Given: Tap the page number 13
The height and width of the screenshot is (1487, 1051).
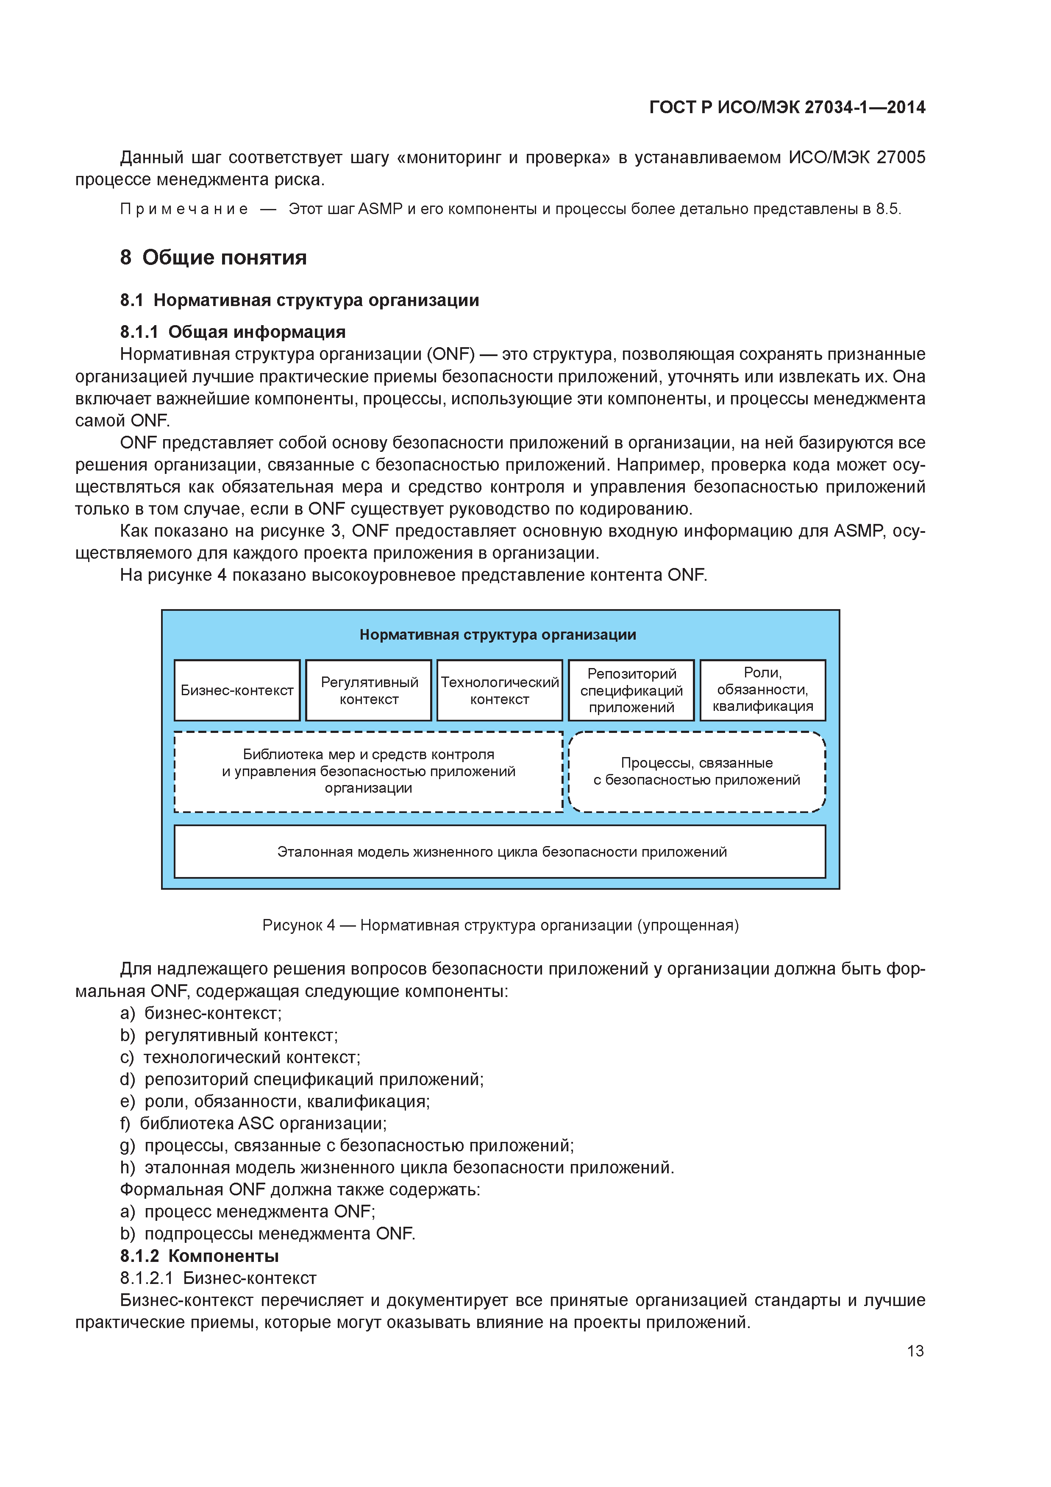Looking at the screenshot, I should (x=915, y=1351).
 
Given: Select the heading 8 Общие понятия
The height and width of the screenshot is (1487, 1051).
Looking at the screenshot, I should (x=213, y=258).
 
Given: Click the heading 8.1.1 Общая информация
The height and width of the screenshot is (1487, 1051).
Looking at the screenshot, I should (x=233, y=332).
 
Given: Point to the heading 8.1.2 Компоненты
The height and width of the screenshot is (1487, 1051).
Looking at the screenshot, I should (x=200, y=1256).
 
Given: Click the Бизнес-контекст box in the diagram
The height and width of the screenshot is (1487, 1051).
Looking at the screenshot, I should (x=237, y=691).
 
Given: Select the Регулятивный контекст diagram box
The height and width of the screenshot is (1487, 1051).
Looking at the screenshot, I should (x=368, y=691).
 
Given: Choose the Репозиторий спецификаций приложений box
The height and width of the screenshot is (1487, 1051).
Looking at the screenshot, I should (x=631, y=691).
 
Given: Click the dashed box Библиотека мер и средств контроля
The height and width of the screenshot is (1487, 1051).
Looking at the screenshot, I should (x=368, y=771).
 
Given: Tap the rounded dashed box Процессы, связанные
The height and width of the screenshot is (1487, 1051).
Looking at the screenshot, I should (x=697, y=771).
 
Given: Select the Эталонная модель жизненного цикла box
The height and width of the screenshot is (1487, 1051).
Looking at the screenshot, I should (x=500, y=852).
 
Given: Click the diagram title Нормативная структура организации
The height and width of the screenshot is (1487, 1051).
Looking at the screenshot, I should (x=498, y=635).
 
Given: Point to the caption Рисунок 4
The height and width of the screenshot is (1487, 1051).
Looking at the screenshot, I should (x=500, y=925).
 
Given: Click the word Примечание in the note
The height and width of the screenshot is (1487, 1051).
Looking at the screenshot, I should (x=184, y=209).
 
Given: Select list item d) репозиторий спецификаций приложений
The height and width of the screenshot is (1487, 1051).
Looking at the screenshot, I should (x=302, y=1079).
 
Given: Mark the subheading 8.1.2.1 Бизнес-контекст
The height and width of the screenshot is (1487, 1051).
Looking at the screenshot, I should (x=218, y=1278).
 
